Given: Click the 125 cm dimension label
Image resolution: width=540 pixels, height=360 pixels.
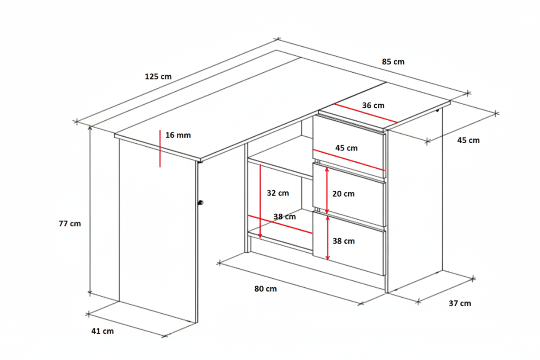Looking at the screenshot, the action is click(x=158, y=77).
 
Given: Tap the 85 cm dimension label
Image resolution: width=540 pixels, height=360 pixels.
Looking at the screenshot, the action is click(x=393, y=62).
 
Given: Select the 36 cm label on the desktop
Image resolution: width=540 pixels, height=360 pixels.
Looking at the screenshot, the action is click(x=373, y=106).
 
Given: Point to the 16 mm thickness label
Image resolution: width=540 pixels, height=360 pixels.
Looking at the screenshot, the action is click(x=178, y=135).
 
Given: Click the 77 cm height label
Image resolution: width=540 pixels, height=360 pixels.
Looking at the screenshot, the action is click(x=70, y=224).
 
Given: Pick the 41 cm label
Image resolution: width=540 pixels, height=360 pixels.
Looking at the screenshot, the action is click(x=103, y=331).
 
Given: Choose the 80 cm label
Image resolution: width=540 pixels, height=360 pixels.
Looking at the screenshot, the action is click(x=265, y=289).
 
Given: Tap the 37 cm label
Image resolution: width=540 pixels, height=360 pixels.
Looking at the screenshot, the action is click(x=460, y=303).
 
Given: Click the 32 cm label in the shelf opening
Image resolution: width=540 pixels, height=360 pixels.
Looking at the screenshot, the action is click(x=278, y=193).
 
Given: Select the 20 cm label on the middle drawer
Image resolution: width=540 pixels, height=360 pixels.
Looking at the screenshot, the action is click(x=343, y=193).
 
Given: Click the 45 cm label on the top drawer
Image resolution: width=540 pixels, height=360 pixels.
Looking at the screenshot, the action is click(x=347, y=148).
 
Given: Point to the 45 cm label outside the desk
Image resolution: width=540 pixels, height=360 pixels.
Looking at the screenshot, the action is click(x=469, y=140).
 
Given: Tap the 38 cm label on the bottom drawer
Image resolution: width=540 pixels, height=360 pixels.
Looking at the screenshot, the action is click(x=344, y=241).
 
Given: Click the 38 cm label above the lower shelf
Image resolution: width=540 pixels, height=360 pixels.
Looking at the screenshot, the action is click(x=284, y=216).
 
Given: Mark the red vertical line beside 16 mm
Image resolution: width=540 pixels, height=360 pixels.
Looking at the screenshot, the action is click(x=160, y=148).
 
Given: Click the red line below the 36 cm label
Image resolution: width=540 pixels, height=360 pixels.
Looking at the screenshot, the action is click(x=366, y=113).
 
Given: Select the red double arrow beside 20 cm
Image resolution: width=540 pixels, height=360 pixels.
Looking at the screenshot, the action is click(x=327, y=190).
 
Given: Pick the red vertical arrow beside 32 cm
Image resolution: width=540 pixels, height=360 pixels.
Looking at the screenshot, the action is click(x=260, y=201).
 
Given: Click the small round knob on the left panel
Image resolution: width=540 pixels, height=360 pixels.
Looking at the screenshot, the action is click(x=200, y=202).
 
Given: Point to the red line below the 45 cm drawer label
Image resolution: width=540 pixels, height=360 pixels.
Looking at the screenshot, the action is click(x=349, y=160).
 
